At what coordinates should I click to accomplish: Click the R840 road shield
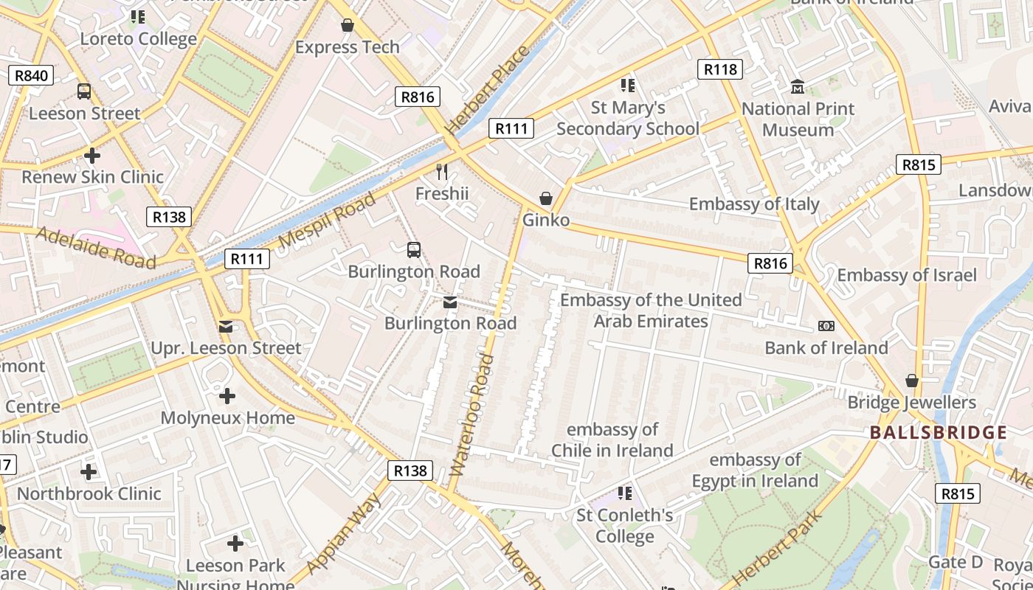pyautogui.click(x=30, y=75)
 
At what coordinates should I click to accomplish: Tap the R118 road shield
pyautogui.click(x=719, y=69)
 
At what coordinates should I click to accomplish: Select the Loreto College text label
pyautogui.click(x=139, y=39)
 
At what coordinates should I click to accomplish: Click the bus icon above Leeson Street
pyautogui.click(x=84, y=91)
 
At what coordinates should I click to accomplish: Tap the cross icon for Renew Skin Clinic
pyautogui.click(x=92, y=156)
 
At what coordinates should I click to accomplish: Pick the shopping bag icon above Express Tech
pyautogui.click(x=348, y=26)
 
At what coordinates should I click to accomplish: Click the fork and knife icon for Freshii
pyautogui.click(x=442, y=172)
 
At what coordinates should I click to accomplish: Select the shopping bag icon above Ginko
pyautogui.click(x=546, y=198)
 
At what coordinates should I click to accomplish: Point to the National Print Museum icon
pyautogui.click(x=798, y=87)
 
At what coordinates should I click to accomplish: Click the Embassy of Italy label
pyautogui.click(x=754, y=204)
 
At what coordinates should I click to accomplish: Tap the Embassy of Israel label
pyautogui.click(x=906, y=275)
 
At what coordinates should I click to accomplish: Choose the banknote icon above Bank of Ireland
pyautogui.click(x=826, y=326)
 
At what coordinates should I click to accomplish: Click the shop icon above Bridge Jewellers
pyautogui.click(x=912, y=381)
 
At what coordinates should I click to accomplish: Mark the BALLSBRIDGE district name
pyautogui.click(x=938, y=432)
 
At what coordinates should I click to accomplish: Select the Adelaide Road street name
pyautogui.click(x=95, y=248)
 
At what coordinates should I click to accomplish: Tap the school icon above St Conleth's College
pyautogui.click(x=625, y=493)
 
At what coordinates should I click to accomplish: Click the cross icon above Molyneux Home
pyautogui.click(x=227, y=397)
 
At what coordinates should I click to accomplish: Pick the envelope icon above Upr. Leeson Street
pyautogui.click(x=226, y=326)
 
